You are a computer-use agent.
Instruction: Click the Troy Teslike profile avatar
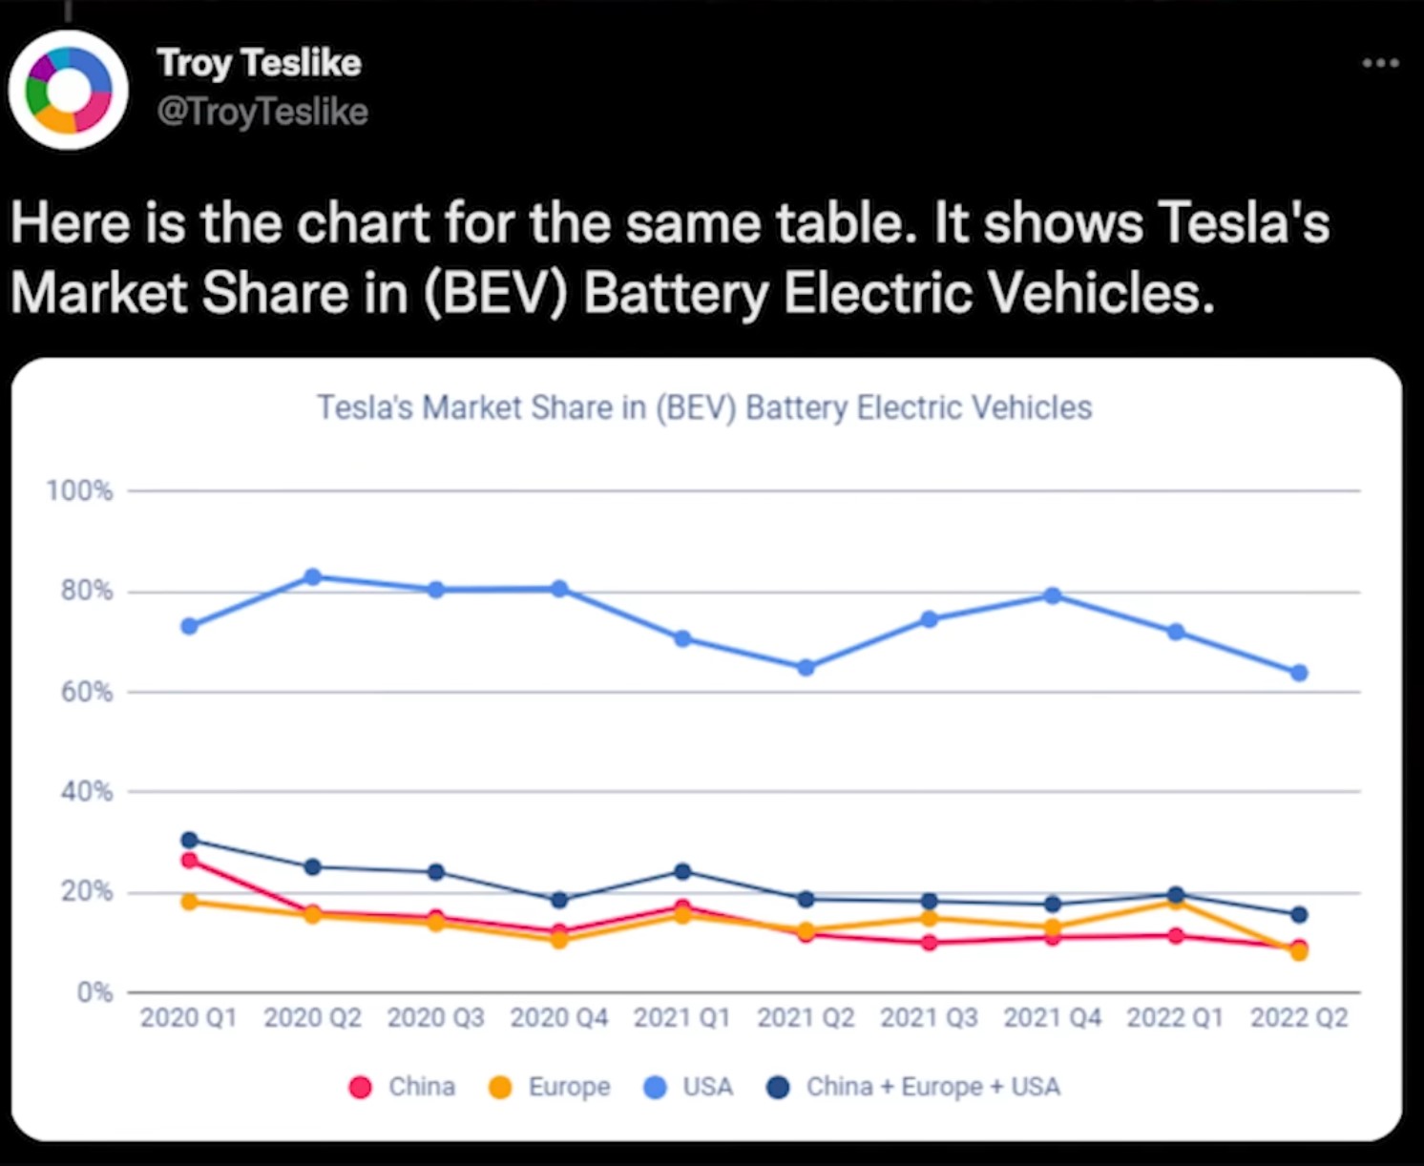click(x=68, y=90)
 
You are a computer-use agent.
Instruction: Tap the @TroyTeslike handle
click(x=262, y=113)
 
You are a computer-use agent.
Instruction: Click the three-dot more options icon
click(x=1380, y=63)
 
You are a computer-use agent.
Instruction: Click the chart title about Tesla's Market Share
click(x=704, y=407)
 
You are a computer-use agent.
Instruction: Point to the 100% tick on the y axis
click(x=80, y=490)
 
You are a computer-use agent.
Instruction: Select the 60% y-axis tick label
click(x=86, y=692)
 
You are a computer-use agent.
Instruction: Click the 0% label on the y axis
click(x=94, y=992)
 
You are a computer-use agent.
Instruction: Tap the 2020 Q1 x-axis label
click(x=188, y=1018)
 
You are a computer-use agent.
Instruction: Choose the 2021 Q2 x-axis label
click(x=806, y=1018)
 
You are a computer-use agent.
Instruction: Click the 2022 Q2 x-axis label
click(x=1298, y=1018)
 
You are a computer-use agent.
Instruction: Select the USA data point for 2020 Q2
click(x=312, y=576)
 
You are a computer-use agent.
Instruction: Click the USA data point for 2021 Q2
click(x=806, y=668)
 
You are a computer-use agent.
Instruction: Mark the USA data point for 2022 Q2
click(x=1299, y=673)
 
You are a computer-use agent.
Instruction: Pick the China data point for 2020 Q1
click(x=189, y=861)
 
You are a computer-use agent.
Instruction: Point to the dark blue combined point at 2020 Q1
click(x=189, y=840)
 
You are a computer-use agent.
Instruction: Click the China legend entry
click(x=403, y=1087)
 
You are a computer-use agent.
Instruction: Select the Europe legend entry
click(x=550, y=1087)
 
